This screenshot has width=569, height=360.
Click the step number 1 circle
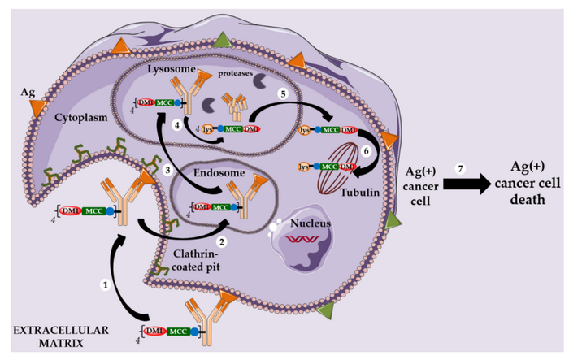pos(105,284)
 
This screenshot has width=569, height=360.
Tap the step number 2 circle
pos(219,241)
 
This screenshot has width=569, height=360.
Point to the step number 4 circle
pos(177,124)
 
